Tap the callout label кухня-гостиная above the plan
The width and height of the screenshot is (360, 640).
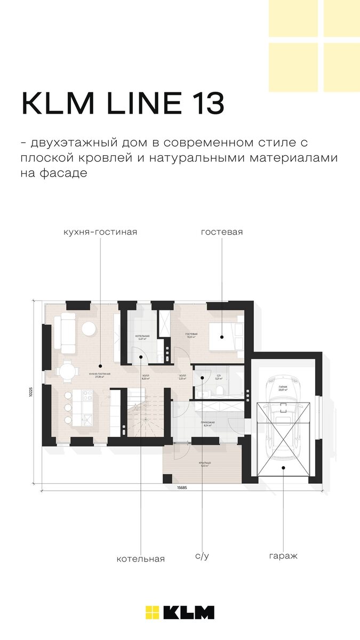pyautogui.click(x=100, y=232)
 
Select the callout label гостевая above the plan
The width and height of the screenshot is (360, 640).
pyautogui.click(x=222, y=232)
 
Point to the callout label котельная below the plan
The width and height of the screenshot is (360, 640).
pyautogui.click(x=141, y=559)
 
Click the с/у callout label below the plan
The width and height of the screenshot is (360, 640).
pyautogui.click(x=202, y=556)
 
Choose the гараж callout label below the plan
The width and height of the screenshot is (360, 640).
pyautogui.click(x=283, y=556)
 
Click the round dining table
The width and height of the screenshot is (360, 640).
pyautogui.click(x=67, y=370)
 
